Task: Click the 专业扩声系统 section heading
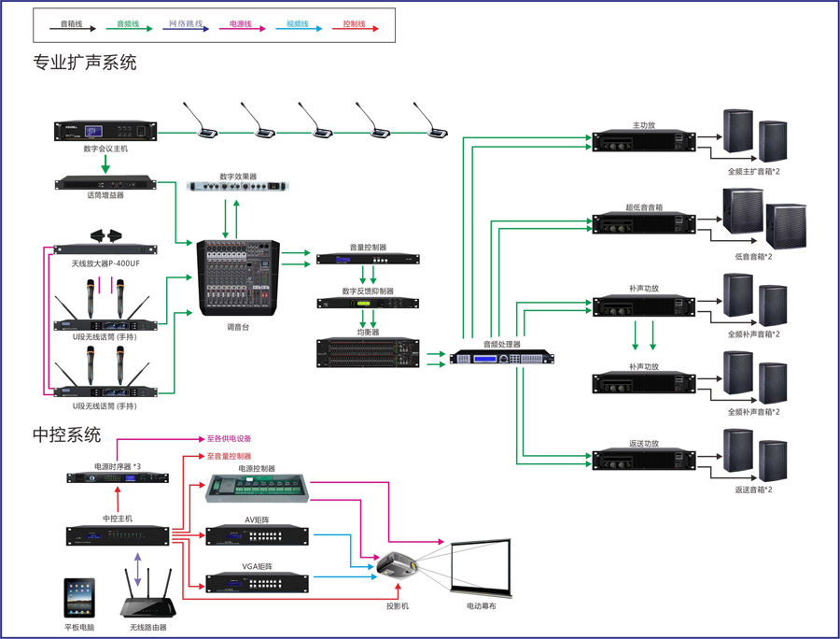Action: (85, 64)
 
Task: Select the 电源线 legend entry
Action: (241, 24)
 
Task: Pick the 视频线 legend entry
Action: (298, 24)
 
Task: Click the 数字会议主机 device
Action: (105, 132)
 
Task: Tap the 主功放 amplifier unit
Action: (644, 141)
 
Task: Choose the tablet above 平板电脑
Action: (79, 598)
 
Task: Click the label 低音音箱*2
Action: (753, 255)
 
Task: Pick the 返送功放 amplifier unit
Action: (644, 461)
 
